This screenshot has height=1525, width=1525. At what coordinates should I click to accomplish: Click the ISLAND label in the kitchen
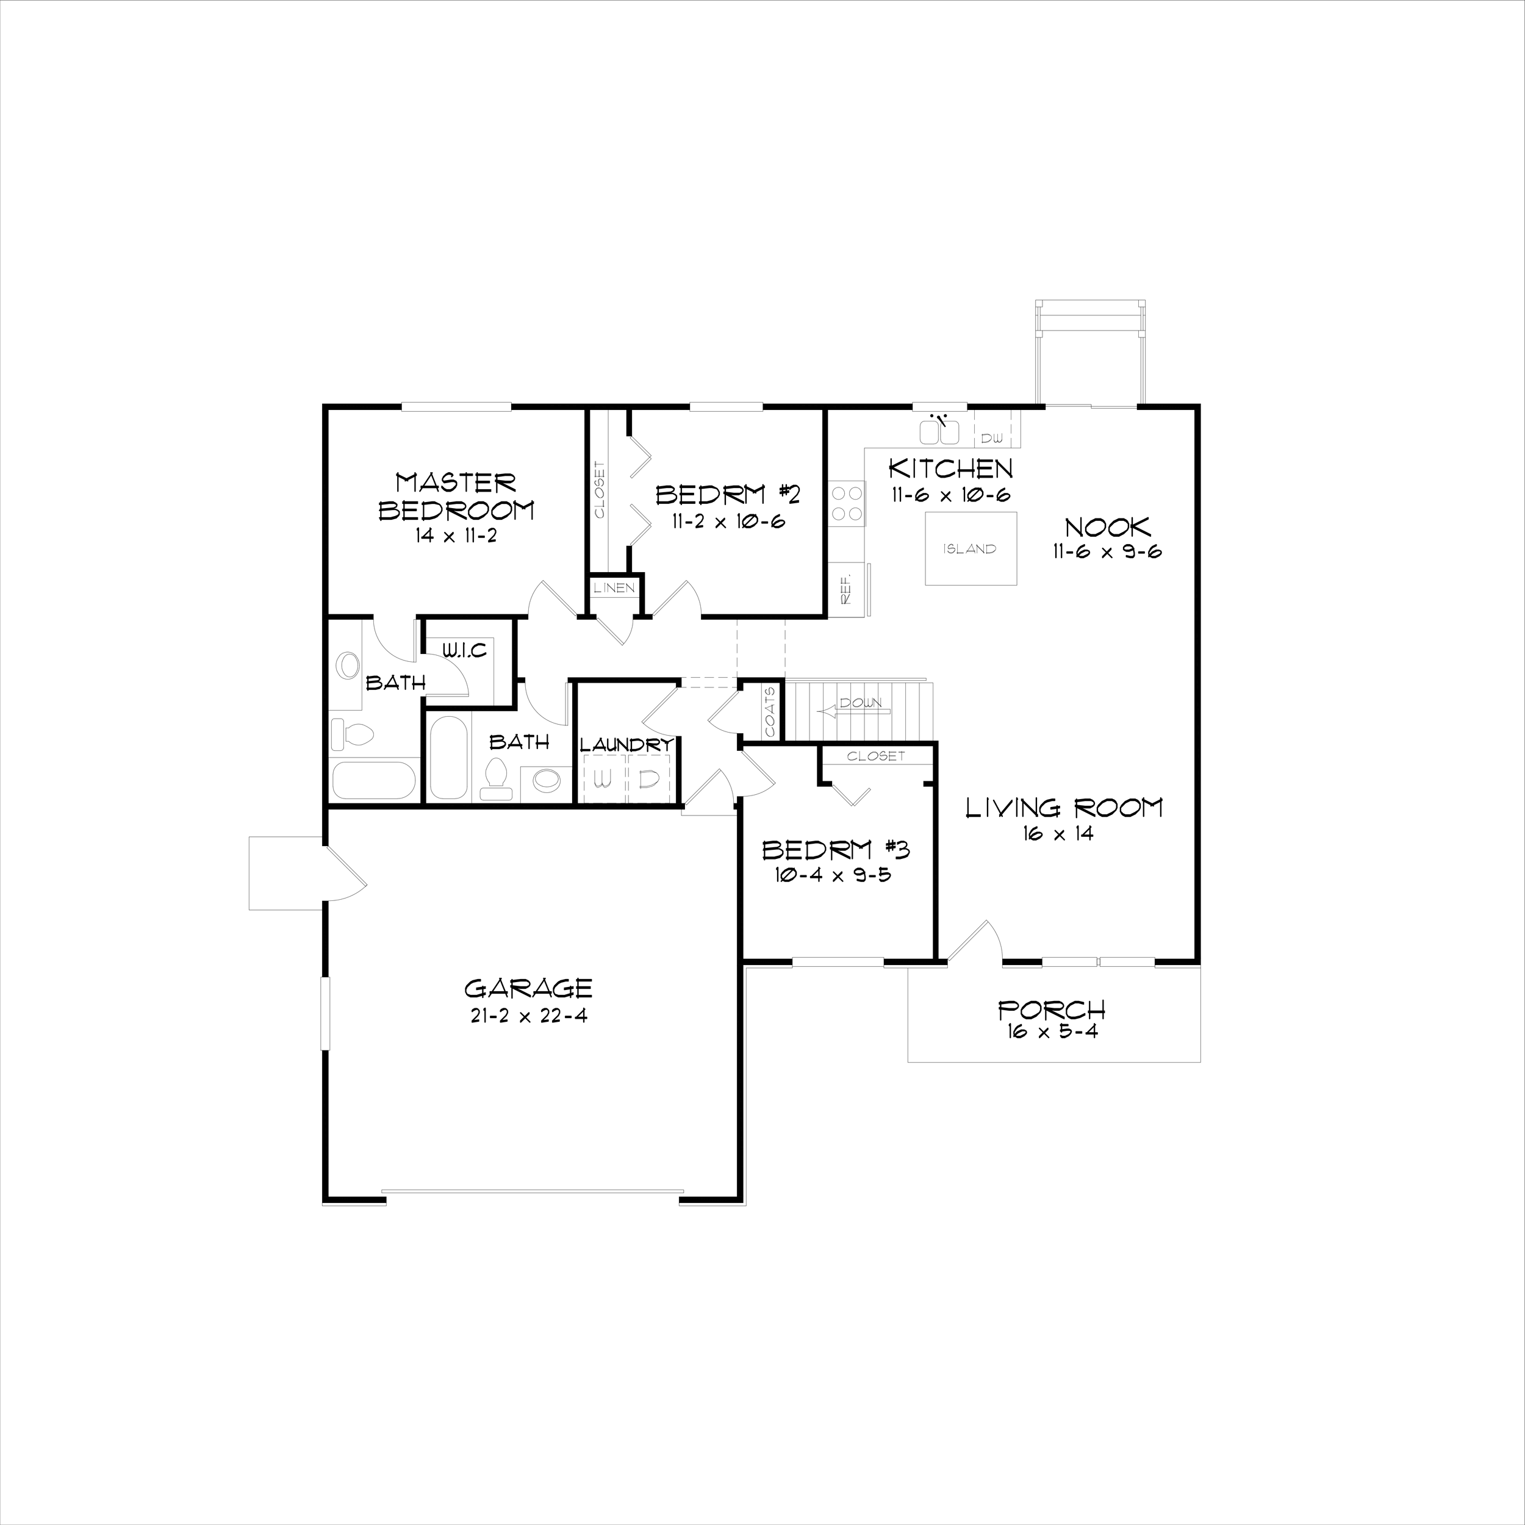pos(969,548)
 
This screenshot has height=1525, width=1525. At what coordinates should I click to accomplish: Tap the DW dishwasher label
pos(991,437)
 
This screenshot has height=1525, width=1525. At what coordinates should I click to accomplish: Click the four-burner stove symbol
pos(847,503)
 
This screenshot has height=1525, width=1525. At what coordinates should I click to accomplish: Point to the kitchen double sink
pos(939,432)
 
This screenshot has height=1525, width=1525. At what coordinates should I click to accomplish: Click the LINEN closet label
pos(614,588)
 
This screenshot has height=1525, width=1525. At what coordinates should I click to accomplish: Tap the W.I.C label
pos(464,651)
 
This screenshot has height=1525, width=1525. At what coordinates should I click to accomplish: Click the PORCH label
pos(1052,1010)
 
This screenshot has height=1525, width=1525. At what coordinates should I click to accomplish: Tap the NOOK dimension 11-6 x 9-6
pos(1107,552)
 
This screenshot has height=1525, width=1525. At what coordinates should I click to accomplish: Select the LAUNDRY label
pos(626,744)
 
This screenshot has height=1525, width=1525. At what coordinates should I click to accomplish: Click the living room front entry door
pos(975,942)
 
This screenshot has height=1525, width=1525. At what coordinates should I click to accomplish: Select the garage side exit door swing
pos(345,875)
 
